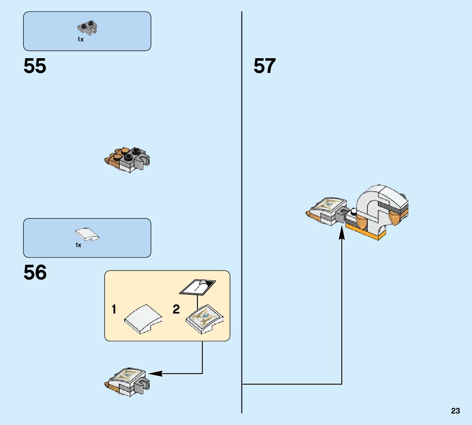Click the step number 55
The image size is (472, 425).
pos(35,66)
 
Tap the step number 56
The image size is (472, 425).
pos(35,273)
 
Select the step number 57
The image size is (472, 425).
pos(265,66)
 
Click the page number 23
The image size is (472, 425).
pos(455,411)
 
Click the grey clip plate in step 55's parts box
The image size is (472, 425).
pos(88,28)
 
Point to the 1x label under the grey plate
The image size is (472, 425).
pos(80,39)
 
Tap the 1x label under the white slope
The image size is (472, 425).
pos(78,245)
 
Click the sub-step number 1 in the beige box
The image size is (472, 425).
pos(114,309)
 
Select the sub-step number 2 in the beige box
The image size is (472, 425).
pos(176,309)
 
